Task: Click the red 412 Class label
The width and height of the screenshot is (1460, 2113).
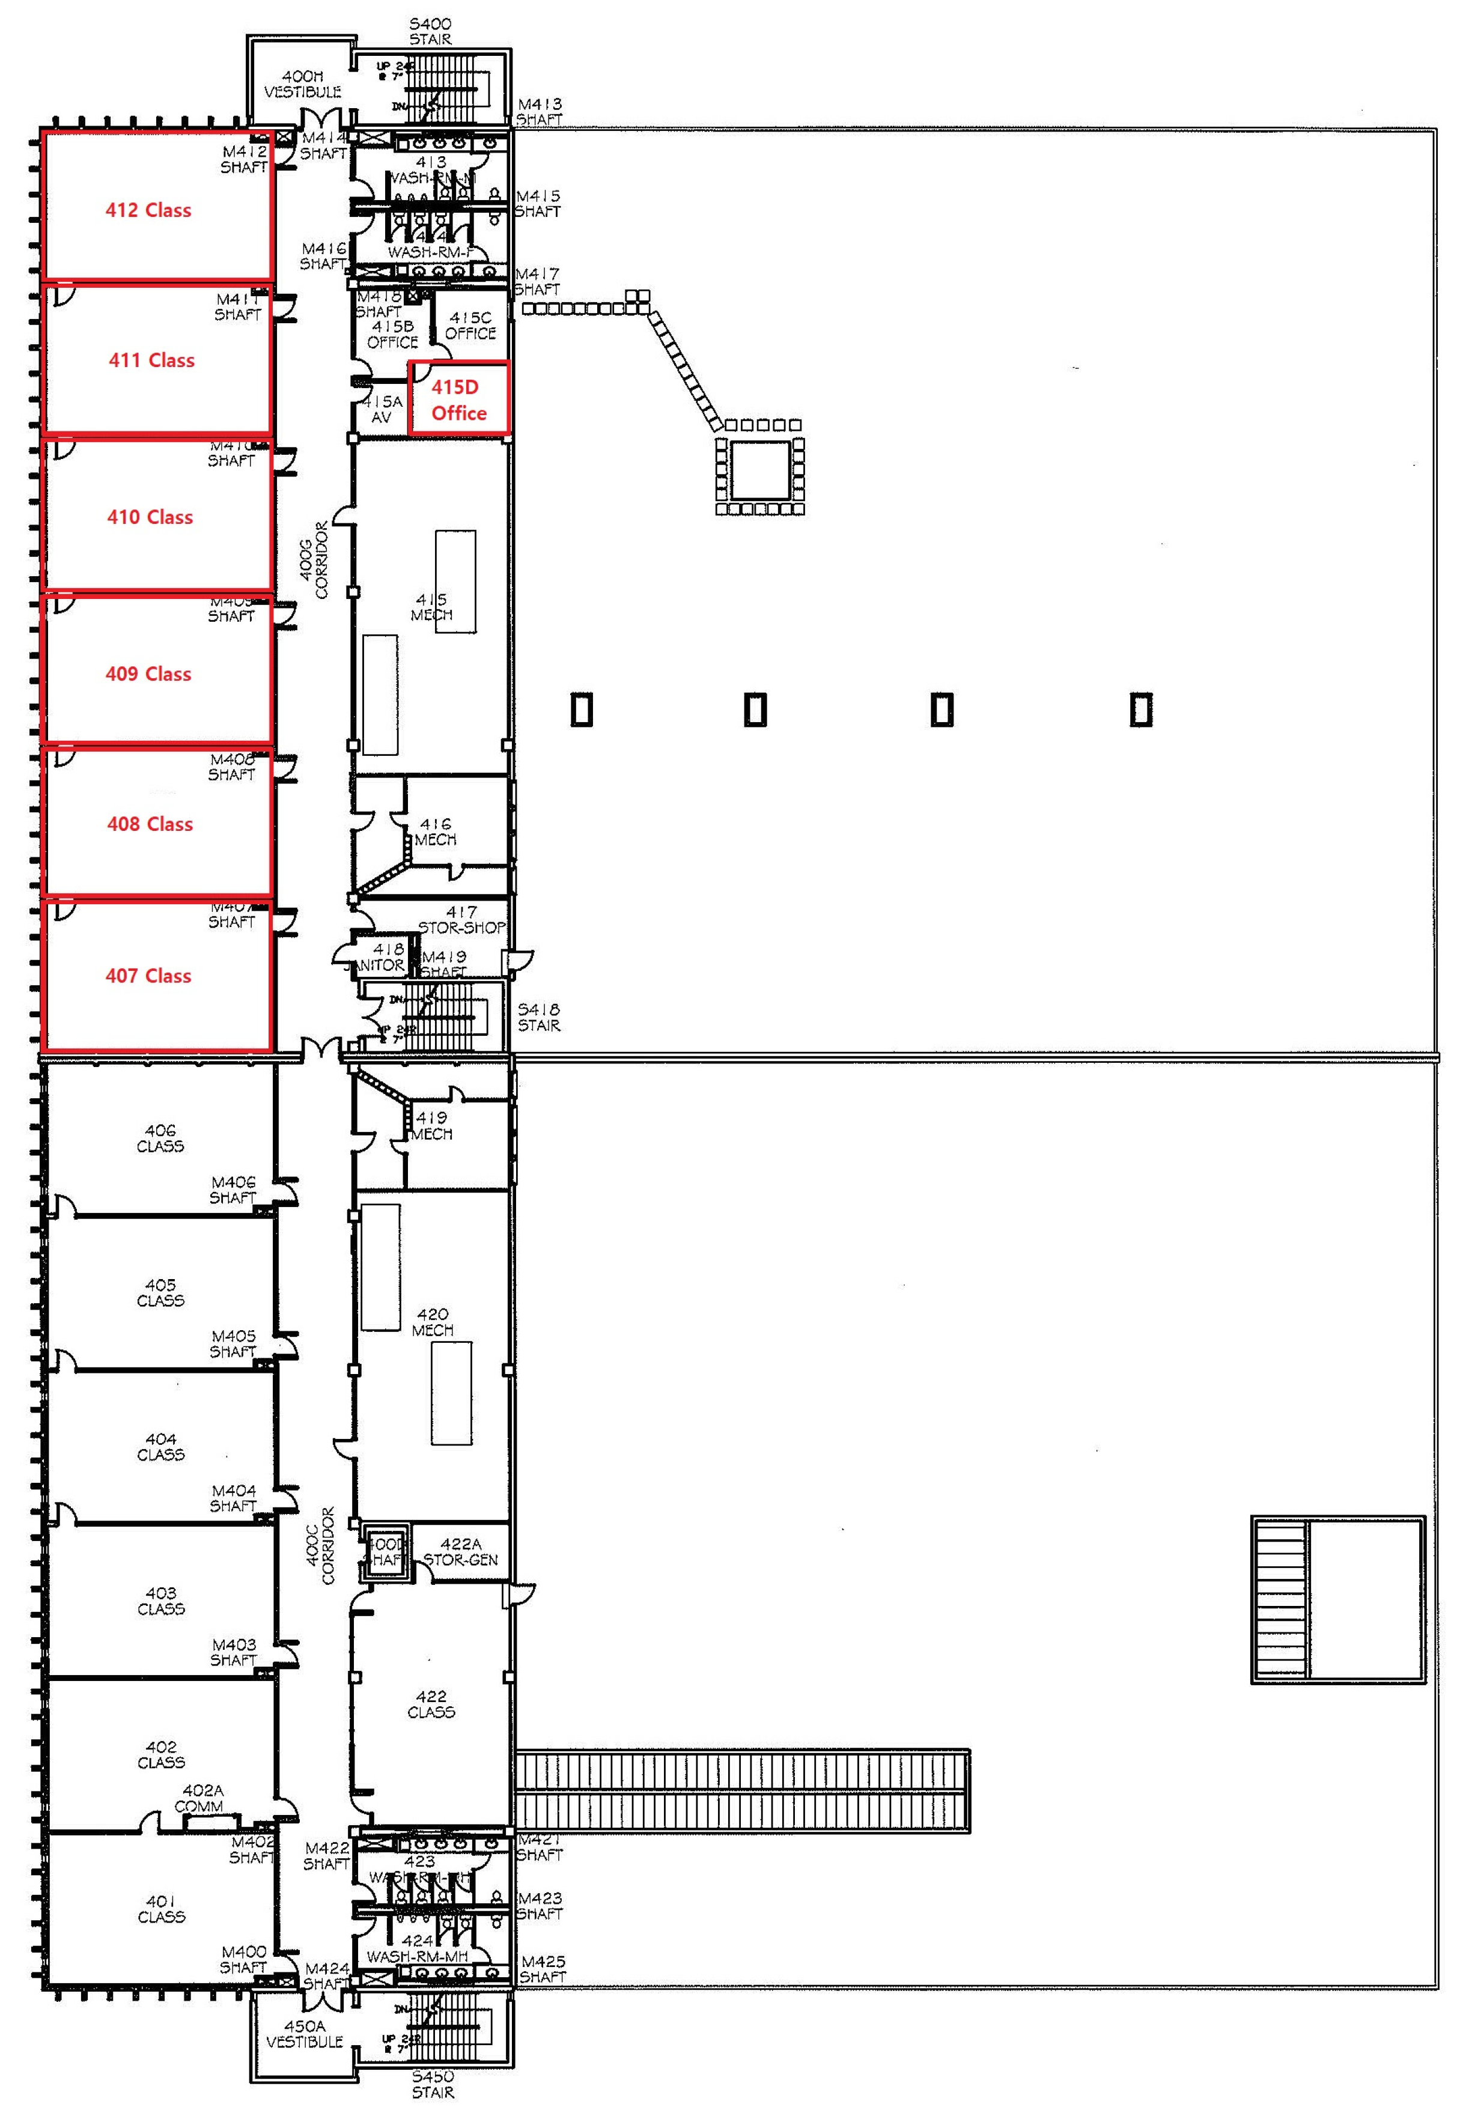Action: pyautogui.click(x=148, y=210)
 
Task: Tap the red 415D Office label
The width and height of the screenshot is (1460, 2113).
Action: pyautogui.click(x=458, y=400)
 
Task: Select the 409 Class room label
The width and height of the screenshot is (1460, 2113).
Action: pyautogui.click(x=148, y=674)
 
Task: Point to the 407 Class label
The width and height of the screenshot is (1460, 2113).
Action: pyautogui.click(x=148, y=976)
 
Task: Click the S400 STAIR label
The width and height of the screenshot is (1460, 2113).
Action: pyautogui.click(x=430, y=31)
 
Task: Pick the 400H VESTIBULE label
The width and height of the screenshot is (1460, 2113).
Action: pyautogui.click(x=303, y=84)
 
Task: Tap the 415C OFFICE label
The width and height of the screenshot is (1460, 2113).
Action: pyautogui.click(x=470, y=326)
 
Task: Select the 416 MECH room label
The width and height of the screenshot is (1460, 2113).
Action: pyautogui.click(x=436, y=832)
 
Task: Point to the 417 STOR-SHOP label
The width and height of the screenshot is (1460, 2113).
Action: pyautogui.click(x=462, y=919)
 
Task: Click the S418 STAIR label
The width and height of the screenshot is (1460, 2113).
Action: pyautogui.click(x=539, y=1017)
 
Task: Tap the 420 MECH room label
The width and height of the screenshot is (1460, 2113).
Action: pyautogui.click(x=433, y=1322)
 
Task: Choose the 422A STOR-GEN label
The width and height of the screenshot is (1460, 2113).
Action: pyautogui.click(x=460, y=1552)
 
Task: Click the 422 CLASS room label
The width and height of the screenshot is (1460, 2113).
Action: pyautogui.click(x=431, y=1704)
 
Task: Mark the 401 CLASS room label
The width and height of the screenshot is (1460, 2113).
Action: pyautogui.click(x=161, y=1909)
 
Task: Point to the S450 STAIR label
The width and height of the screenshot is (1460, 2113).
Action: pyautogui.click(x=432, y=2084)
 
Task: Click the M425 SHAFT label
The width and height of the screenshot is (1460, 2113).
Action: pyautogui.click(x=543, y=1969)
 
